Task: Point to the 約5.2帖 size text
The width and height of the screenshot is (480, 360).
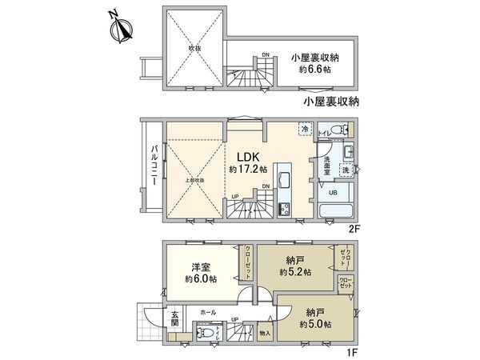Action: [295, 273]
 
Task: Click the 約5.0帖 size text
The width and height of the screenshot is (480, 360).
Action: [313, 322]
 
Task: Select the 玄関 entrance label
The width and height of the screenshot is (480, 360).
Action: [175, 318]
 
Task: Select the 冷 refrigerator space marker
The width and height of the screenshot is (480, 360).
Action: [305, 128]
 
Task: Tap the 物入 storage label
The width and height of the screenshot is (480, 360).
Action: [266, 333]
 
